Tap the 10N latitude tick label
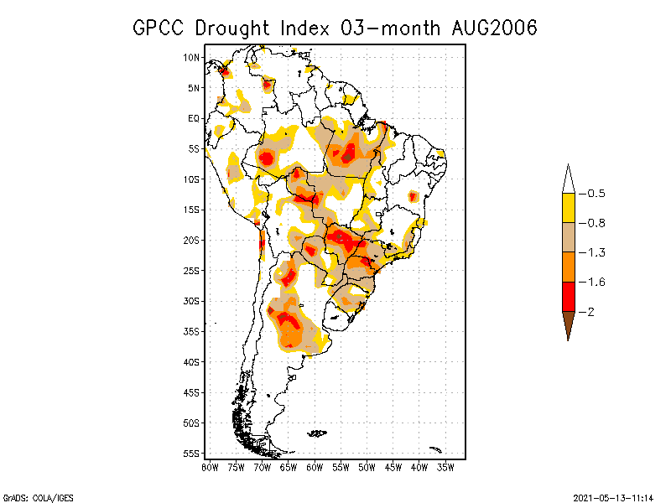[192, 57]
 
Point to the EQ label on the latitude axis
[194, 118]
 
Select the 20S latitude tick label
[192, 240]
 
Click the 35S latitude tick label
[192, 331]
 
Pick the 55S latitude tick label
[192, 453]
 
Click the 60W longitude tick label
[315, 466]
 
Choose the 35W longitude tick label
[445, 466]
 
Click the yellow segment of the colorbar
[568, 208]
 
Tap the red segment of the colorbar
[568, 296]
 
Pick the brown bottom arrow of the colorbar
[568, 323]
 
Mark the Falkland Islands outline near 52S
[317, 433]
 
